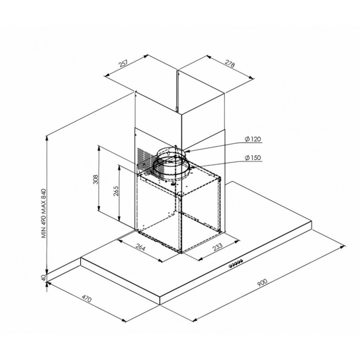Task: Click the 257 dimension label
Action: coord(123,63)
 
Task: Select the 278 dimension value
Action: coord(230,64)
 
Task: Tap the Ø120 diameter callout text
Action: coord(252,139)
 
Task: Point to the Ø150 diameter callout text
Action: coord(252,158)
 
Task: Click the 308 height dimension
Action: coord(95,179)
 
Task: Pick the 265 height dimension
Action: coord(116,191)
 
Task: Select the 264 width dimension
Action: coord(140,248)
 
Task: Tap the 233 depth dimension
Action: coord(218,247)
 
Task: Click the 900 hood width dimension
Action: coord(262,283)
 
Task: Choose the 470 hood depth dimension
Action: coord(86,299)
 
